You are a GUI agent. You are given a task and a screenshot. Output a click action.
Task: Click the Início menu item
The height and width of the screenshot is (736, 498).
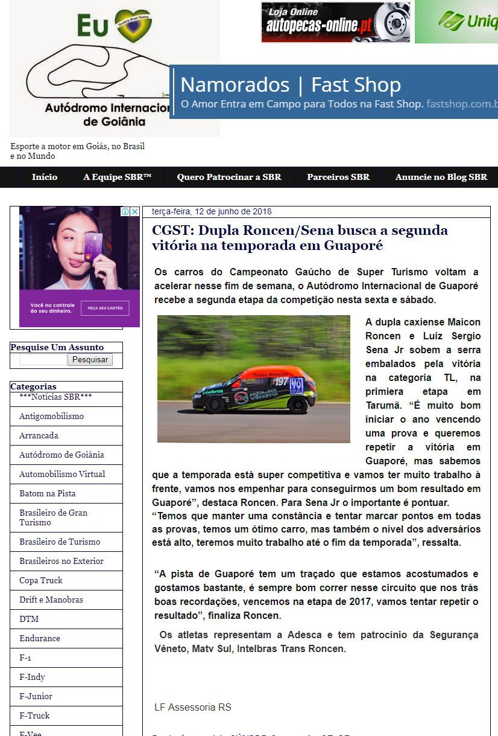tap(45, 177)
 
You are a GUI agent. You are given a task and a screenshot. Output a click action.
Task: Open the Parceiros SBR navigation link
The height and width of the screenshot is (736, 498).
tap(338, 177)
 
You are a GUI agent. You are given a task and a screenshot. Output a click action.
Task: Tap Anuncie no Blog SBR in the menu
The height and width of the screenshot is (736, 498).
tap(441, 177)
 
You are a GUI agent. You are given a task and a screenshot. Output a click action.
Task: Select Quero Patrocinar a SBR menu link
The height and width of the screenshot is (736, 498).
tap(229, 177)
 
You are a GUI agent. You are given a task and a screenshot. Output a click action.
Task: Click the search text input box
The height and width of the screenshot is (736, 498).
tap(43, 359)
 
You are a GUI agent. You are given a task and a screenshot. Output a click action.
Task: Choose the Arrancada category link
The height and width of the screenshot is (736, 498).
tap(39, 435)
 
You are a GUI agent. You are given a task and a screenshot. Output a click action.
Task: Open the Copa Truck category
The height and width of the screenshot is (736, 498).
tap(41, 580)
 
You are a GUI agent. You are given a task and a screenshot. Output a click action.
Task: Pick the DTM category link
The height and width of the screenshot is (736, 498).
tap(29, 619)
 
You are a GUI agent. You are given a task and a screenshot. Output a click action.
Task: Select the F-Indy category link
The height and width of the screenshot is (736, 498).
tap(32, 677)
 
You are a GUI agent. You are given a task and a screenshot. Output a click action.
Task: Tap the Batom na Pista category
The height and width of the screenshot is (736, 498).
tap(48, 493)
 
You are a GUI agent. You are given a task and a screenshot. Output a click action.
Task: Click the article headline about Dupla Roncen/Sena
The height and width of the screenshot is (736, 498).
tap(300, 238)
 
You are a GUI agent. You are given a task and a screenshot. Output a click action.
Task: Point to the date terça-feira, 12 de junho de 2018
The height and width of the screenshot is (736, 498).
tap(212, 211)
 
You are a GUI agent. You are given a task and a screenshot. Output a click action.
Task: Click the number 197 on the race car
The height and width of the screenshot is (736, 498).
tap(281, 382)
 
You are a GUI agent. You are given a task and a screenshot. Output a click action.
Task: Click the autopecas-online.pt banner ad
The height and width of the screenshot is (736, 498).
tap(335, 22)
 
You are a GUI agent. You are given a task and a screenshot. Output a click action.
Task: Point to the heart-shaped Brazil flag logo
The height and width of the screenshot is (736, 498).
tap(133, 25)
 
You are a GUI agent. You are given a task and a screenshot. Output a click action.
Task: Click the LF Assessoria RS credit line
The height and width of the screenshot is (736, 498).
tap(193, 707)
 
